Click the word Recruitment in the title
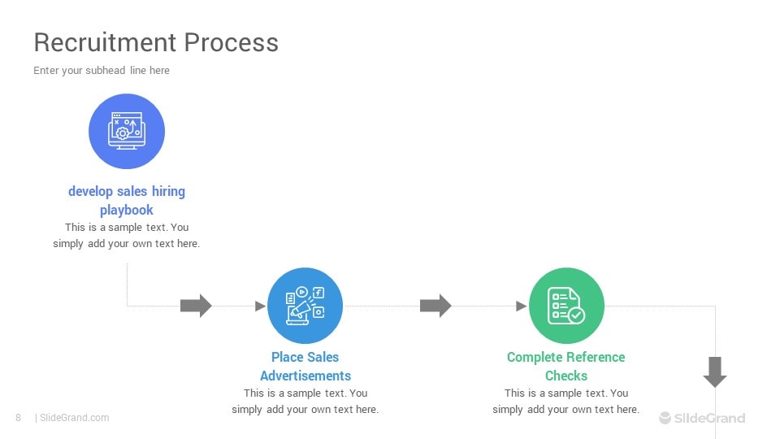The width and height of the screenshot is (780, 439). point(105,42)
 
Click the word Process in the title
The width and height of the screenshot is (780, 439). point(232,42)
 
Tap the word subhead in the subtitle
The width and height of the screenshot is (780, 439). point(105,70)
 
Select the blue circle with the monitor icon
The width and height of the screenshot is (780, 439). point(127,132)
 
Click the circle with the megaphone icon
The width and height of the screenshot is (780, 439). point(305,306)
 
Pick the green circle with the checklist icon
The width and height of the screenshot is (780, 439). point(566,306)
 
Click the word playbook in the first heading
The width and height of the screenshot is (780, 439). point(127,210)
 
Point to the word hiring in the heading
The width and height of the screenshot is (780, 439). point(168,192)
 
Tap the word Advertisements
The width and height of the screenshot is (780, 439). point(305,376)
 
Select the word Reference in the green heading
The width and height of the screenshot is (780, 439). point(596,357)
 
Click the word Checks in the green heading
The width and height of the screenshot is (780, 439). point(566,376)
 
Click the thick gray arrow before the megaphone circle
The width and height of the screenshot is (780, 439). point(196,306)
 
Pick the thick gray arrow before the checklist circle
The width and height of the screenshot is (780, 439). point(435,306)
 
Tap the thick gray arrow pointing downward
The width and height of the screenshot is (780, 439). point(715,372)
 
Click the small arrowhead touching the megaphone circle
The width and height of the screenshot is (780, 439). point(260,306)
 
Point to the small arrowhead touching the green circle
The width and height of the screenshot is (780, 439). point(522,306)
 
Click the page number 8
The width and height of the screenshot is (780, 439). point(19,418)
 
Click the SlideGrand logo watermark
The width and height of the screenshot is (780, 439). point(702,418)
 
